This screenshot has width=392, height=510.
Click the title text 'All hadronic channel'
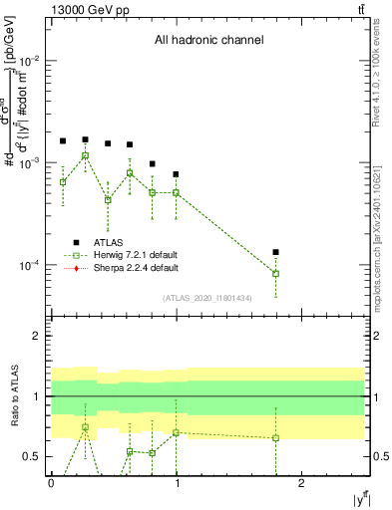pos(208,41)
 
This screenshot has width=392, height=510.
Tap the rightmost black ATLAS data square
pos(275,252)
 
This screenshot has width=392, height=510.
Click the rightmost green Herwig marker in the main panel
pos(275,273)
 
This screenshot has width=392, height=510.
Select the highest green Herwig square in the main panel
pos(86,155)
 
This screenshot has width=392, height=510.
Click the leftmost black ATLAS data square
pos(63,141)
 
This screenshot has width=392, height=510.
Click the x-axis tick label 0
pos(51,483)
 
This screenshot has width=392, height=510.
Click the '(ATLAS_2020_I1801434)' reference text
pos(208,298)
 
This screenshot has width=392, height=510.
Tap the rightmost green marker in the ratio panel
pos(275,437)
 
